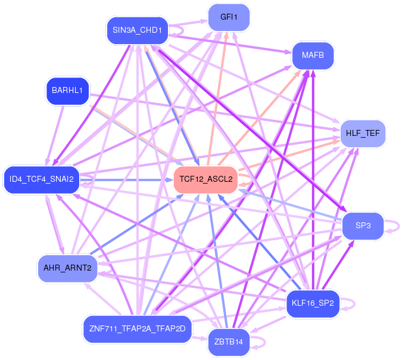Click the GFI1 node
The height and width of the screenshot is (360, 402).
pyautogui.click(x=229, y=17)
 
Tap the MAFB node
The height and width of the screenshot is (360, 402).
pyautogui.click(x=313, y=55)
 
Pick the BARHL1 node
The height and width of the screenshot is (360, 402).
pyautogui.click(x=67, y=91)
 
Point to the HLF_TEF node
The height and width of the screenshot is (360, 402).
pyautogui.click(x=363, y=132)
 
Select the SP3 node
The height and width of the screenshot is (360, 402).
pyautogui.click(x=363, y=226)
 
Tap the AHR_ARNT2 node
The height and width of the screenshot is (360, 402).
pyautogui.click(x=67, y=268)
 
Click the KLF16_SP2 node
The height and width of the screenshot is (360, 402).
pyautogui.click(x=313, y=303)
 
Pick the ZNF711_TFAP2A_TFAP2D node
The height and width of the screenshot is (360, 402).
pyautogui.click(x=137, y=328)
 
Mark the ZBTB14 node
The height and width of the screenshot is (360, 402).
pyautogui.click(x=229, y=342)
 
